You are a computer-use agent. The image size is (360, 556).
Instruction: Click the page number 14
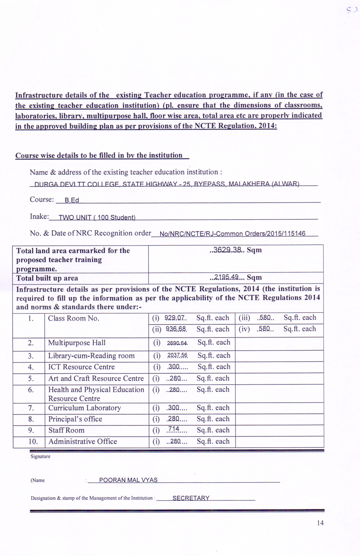pos(320,523)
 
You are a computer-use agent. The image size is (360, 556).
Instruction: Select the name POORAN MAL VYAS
pos(128,480)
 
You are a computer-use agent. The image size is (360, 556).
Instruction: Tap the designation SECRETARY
pos(191,498)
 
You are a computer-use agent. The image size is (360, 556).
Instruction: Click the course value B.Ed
pos(72,200)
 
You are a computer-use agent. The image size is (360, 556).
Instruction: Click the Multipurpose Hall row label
pos(77,343)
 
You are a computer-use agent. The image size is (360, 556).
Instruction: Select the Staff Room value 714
pos(174,430)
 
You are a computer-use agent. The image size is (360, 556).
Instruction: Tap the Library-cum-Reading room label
pos(91,356)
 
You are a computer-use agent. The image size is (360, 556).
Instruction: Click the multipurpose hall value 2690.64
pos(177,343)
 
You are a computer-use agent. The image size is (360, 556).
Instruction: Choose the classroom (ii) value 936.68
pos(176,329)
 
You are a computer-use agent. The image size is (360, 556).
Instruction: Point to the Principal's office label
pos(75,419)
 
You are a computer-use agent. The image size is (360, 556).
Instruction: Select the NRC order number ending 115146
pos(232,234)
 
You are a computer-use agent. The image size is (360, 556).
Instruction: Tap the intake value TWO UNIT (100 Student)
pos(97,217)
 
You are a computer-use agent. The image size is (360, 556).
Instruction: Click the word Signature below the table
pos(40,456)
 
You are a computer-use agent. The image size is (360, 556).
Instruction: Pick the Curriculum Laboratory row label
pos(85,408)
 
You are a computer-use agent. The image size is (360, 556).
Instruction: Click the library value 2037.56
pos(177,356)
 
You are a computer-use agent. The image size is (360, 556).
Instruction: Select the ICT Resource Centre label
pos(81,367)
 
